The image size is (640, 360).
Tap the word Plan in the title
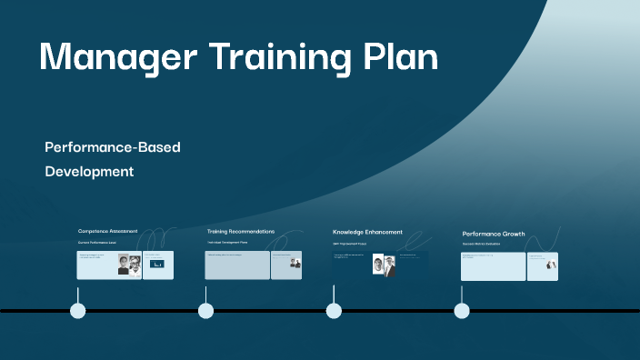pyautogui.click(x=399, y=57)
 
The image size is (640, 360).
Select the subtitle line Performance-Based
pyautogui.click(x=113, y=147)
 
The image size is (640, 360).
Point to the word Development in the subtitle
pyautogui.click(x=90, y=171)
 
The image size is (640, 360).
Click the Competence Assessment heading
pyautogui.click(x=108, y=232)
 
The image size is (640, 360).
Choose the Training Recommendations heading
pyautogui.click(x=241, y=232)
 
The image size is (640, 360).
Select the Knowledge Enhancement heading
pyautogui.click(x=367, y=233)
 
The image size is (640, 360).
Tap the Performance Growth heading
pyautogui.click(x=494, y=234)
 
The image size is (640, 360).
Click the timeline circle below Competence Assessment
pyautogui.click(x=78, y=311)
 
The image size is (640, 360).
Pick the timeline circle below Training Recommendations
pyautogui.click(x=206, y=311)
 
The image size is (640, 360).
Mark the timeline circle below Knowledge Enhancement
pyautogui.click(x=334, y=311)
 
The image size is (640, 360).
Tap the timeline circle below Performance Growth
pyautogui.click(x=462, y=311)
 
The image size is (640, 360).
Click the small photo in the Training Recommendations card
pyautogui.click(x=295, y=263)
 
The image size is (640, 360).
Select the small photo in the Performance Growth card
pyautogui.click(x=551, y=266)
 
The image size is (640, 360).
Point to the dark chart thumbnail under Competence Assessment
pyautogui.click(x=157, y=265)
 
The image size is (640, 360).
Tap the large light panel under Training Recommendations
pyautogui.click(x=237, y=265)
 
